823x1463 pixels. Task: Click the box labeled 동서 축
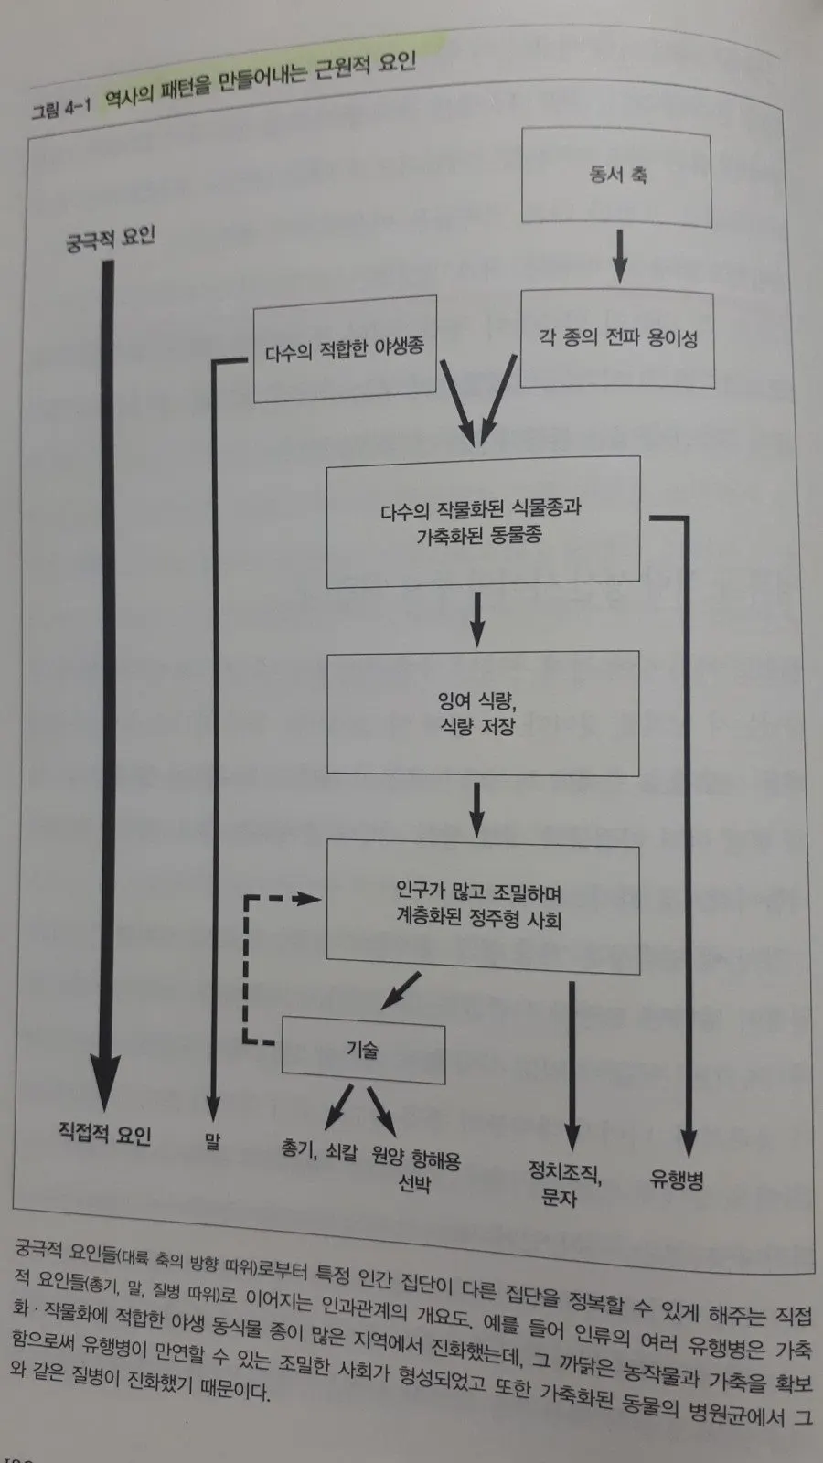616,176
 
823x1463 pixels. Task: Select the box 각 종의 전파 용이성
617,339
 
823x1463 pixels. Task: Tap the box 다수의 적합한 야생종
345,349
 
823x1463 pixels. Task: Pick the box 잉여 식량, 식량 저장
482,713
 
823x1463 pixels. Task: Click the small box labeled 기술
363,1050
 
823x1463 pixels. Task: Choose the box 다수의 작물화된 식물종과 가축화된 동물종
482,521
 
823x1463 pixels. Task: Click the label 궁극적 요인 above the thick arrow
112,239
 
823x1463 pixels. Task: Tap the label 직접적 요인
104,1134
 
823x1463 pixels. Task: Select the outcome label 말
212,1141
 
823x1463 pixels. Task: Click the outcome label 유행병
676,1180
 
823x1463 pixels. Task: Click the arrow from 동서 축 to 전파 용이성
619,256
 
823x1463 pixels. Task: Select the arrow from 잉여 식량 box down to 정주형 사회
476,808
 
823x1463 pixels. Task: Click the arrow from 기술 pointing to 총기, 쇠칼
338,1105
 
